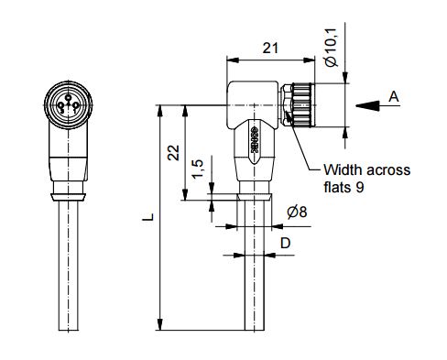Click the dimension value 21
tap(270, 49)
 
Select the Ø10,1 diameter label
tap(331, 48)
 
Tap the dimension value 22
tap(174, 153)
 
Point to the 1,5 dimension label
tap(197, 168)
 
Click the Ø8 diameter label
tap(297, 212)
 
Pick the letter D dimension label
tap(285, 244)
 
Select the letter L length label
tap(148, 216)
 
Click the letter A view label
tap(394, 97)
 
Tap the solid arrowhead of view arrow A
tap(367, 105)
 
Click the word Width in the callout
tap(343, 169)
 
